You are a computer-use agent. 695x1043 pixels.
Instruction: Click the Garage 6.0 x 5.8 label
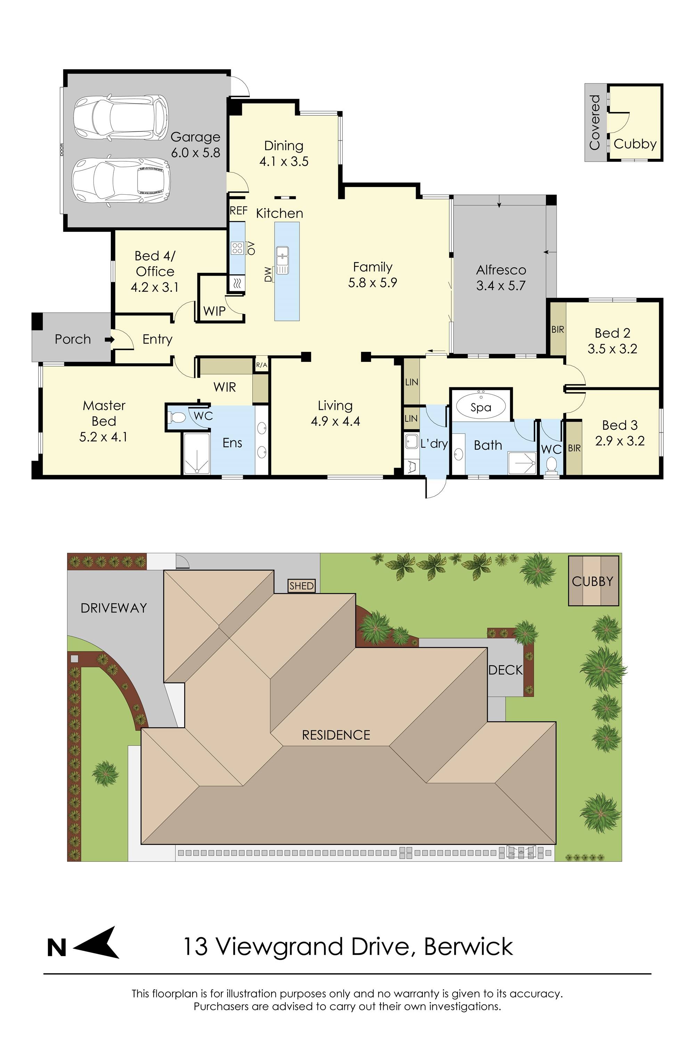tap(195, 145)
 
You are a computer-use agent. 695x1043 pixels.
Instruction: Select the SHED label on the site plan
tap(301, 586)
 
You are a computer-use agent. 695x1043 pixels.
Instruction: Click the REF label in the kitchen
tap(238, 211)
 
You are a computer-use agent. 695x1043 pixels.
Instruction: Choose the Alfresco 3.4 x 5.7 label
tap(501, 277)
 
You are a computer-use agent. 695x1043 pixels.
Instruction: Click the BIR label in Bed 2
tap(558, 330)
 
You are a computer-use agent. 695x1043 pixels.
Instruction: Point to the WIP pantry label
tap(214, 311)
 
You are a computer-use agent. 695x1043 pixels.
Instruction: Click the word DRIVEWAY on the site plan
tap(114, 608)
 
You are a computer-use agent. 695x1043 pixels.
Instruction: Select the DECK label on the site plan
tap(505, 670)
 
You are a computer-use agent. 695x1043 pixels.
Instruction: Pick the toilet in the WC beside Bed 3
tap(551, 464)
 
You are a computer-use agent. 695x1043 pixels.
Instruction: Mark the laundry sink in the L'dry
tap(411, 441)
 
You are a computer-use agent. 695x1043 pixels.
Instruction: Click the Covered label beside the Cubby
tap(594, 122)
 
